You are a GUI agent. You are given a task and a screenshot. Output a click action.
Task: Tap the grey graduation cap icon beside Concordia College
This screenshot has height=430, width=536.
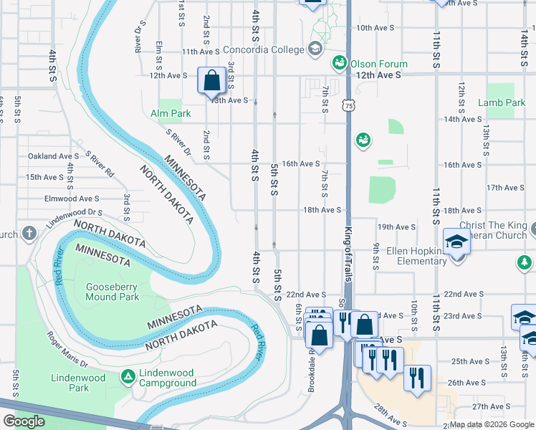pos(314,49)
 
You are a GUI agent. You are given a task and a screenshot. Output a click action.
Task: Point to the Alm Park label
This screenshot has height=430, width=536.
pos(171,113)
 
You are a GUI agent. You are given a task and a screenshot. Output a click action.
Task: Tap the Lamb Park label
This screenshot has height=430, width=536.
pos(502,102)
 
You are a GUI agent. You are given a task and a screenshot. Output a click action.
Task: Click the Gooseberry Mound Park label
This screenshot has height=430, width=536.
pos(112,292)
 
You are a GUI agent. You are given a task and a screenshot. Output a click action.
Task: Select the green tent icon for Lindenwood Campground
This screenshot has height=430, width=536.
pos(128,376)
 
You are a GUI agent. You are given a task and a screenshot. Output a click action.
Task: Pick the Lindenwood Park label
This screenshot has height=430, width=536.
pos(78,383)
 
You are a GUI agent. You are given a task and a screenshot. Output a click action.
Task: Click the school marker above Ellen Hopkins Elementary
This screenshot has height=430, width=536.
pos(456,242)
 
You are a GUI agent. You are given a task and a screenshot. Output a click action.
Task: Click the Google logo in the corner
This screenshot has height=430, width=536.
pos(24,421)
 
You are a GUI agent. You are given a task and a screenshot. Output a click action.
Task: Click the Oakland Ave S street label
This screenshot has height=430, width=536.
pos(53,156)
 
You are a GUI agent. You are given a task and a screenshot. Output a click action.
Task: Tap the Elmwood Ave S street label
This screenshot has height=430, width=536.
pos(72,199)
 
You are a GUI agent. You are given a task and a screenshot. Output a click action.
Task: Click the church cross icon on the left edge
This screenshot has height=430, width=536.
pos(29,233)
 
